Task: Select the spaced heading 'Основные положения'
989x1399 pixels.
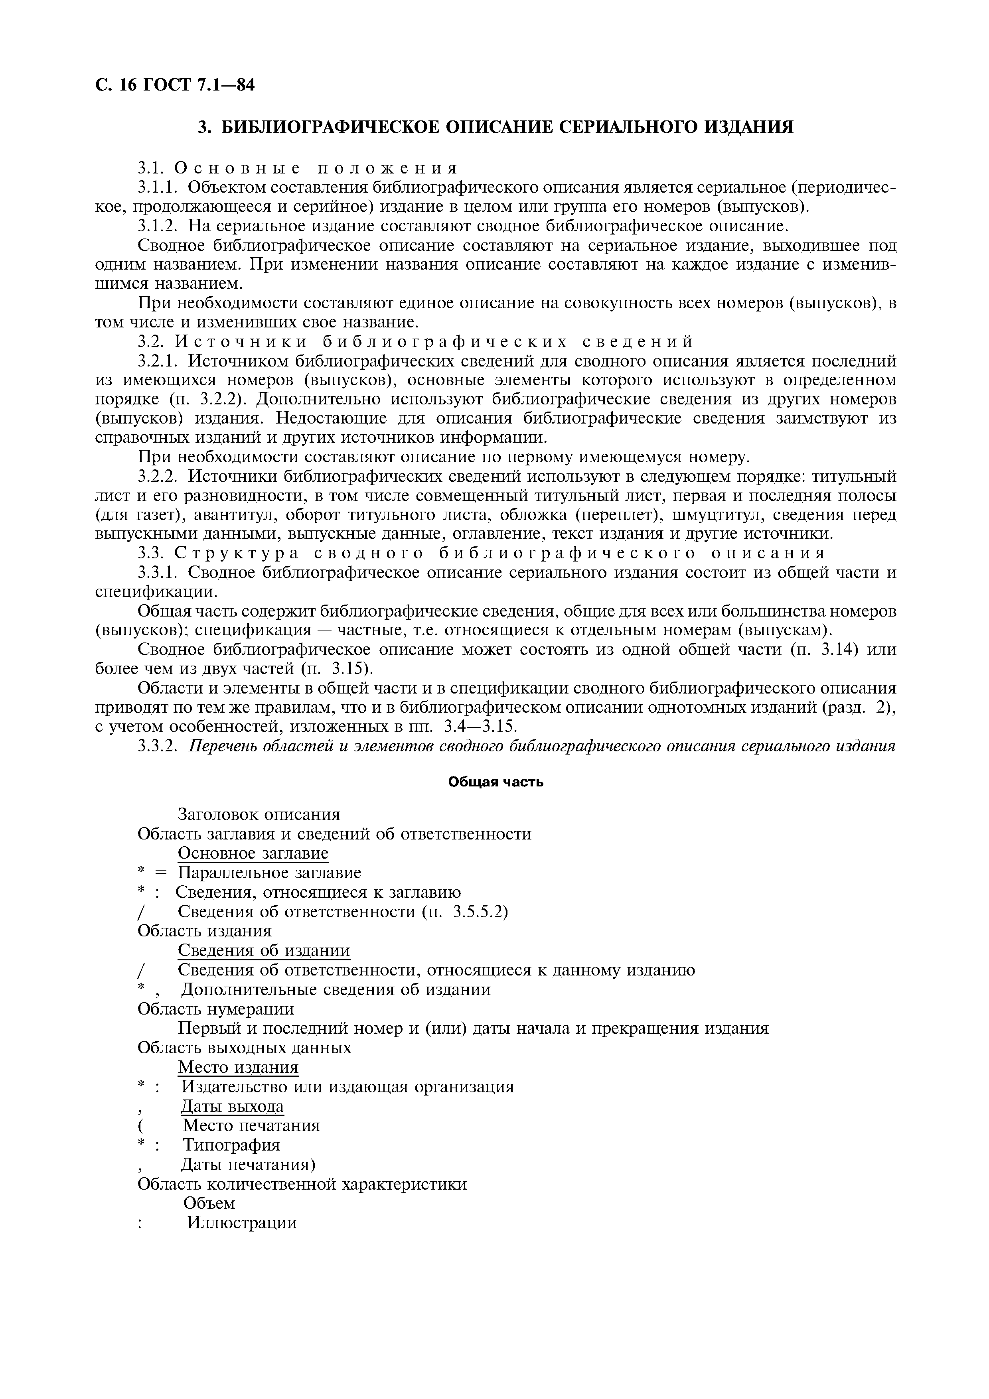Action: (x=316, y=167)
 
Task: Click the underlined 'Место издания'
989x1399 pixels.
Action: (x=238, y=1068)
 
